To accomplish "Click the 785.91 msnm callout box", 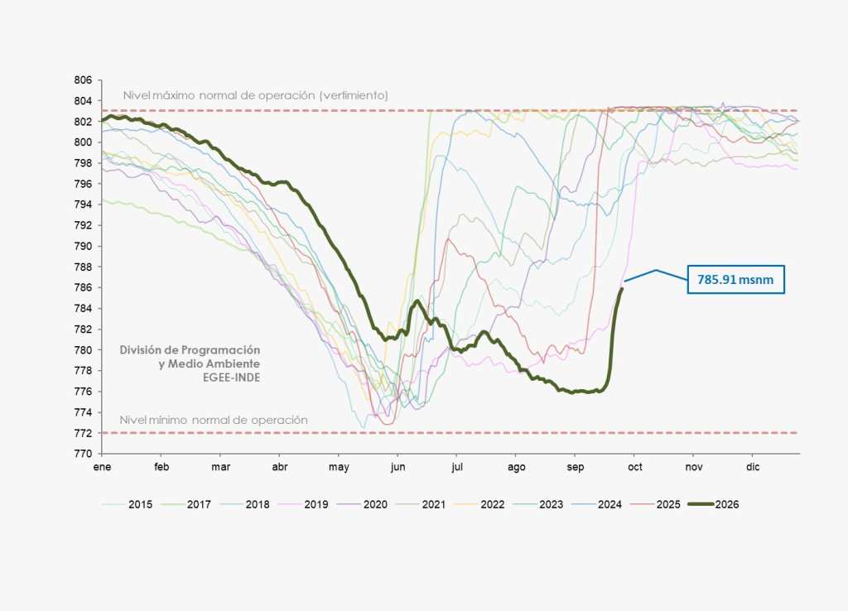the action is point(735,280).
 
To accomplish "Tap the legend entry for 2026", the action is point(713,504).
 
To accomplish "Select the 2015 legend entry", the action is point(127,504).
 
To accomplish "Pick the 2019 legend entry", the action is point(303,504).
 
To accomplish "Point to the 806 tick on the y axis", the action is point(84,80).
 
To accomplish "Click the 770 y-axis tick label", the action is point(84,454).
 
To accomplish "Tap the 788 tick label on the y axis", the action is point(84,267).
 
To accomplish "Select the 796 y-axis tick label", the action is point(84,184).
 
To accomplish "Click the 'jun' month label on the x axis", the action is point(397,467).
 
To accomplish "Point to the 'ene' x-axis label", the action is point(102,467).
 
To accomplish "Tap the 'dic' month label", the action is point(753,467).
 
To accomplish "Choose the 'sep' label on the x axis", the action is point(576,467).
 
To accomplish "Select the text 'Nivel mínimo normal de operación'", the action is point(214,420).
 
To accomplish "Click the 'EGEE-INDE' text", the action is point(232,378).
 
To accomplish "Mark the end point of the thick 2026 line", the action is point(621,289).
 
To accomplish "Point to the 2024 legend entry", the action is point(596,504).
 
